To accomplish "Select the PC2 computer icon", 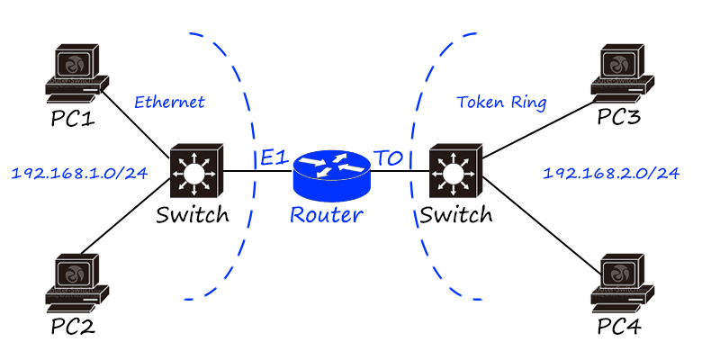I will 77,281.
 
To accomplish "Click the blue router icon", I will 332,172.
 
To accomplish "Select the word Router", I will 326,215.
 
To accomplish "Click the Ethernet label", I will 169,102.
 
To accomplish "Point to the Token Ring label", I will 501,102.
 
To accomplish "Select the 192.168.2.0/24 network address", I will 611,171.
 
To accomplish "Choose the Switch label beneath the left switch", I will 192,215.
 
